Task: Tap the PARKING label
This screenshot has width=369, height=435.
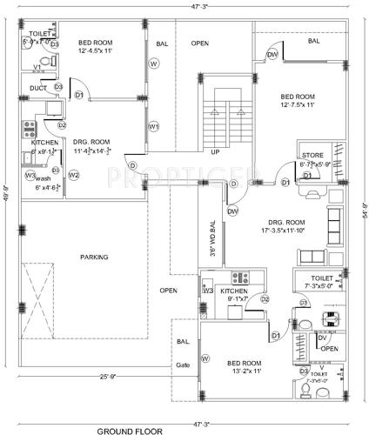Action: tap(94, 258)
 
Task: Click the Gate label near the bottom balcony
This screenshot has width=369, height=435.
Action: tap(183, 365)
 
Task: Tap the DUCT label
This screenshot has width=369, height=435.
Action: tap(37, 87)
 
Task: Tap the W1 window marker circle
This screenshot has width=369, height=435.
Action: tap(154, 126)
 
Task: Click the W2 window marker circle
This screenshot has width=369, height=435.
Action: tap(74, 175)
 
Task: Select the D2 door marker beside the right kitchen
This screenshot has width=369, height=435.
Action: tap(265, 299)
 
